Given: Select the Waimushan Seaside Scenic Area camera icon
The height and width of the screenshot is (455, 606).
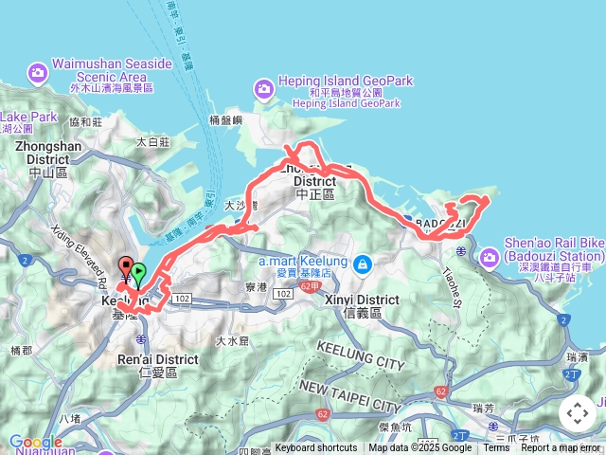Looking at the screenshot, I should pos(38,72).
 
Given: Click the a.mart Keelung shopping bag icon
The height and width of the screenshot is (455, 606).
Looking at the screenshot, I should pos(360,266).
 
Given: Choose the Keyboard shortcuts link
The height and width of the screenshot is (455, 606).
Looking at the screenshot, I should pos(316,448).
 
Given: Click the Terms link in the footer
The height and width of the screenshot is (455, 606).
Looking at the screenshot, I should pos(496,448).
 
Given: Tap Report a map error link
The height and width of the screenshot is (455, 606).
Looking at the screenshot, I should pos(561,448).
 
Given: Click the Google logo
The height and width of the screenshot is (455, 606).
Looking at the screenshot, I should pos(36,442).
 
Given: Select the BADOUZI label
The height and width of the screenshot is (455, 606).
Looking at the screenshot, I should pos(438,223).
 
